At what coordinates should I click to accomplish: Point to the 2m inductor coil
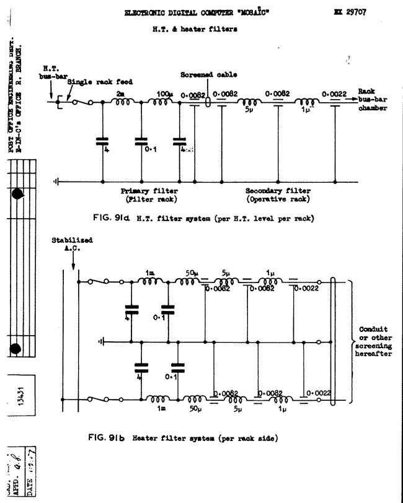pos(122,103)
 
